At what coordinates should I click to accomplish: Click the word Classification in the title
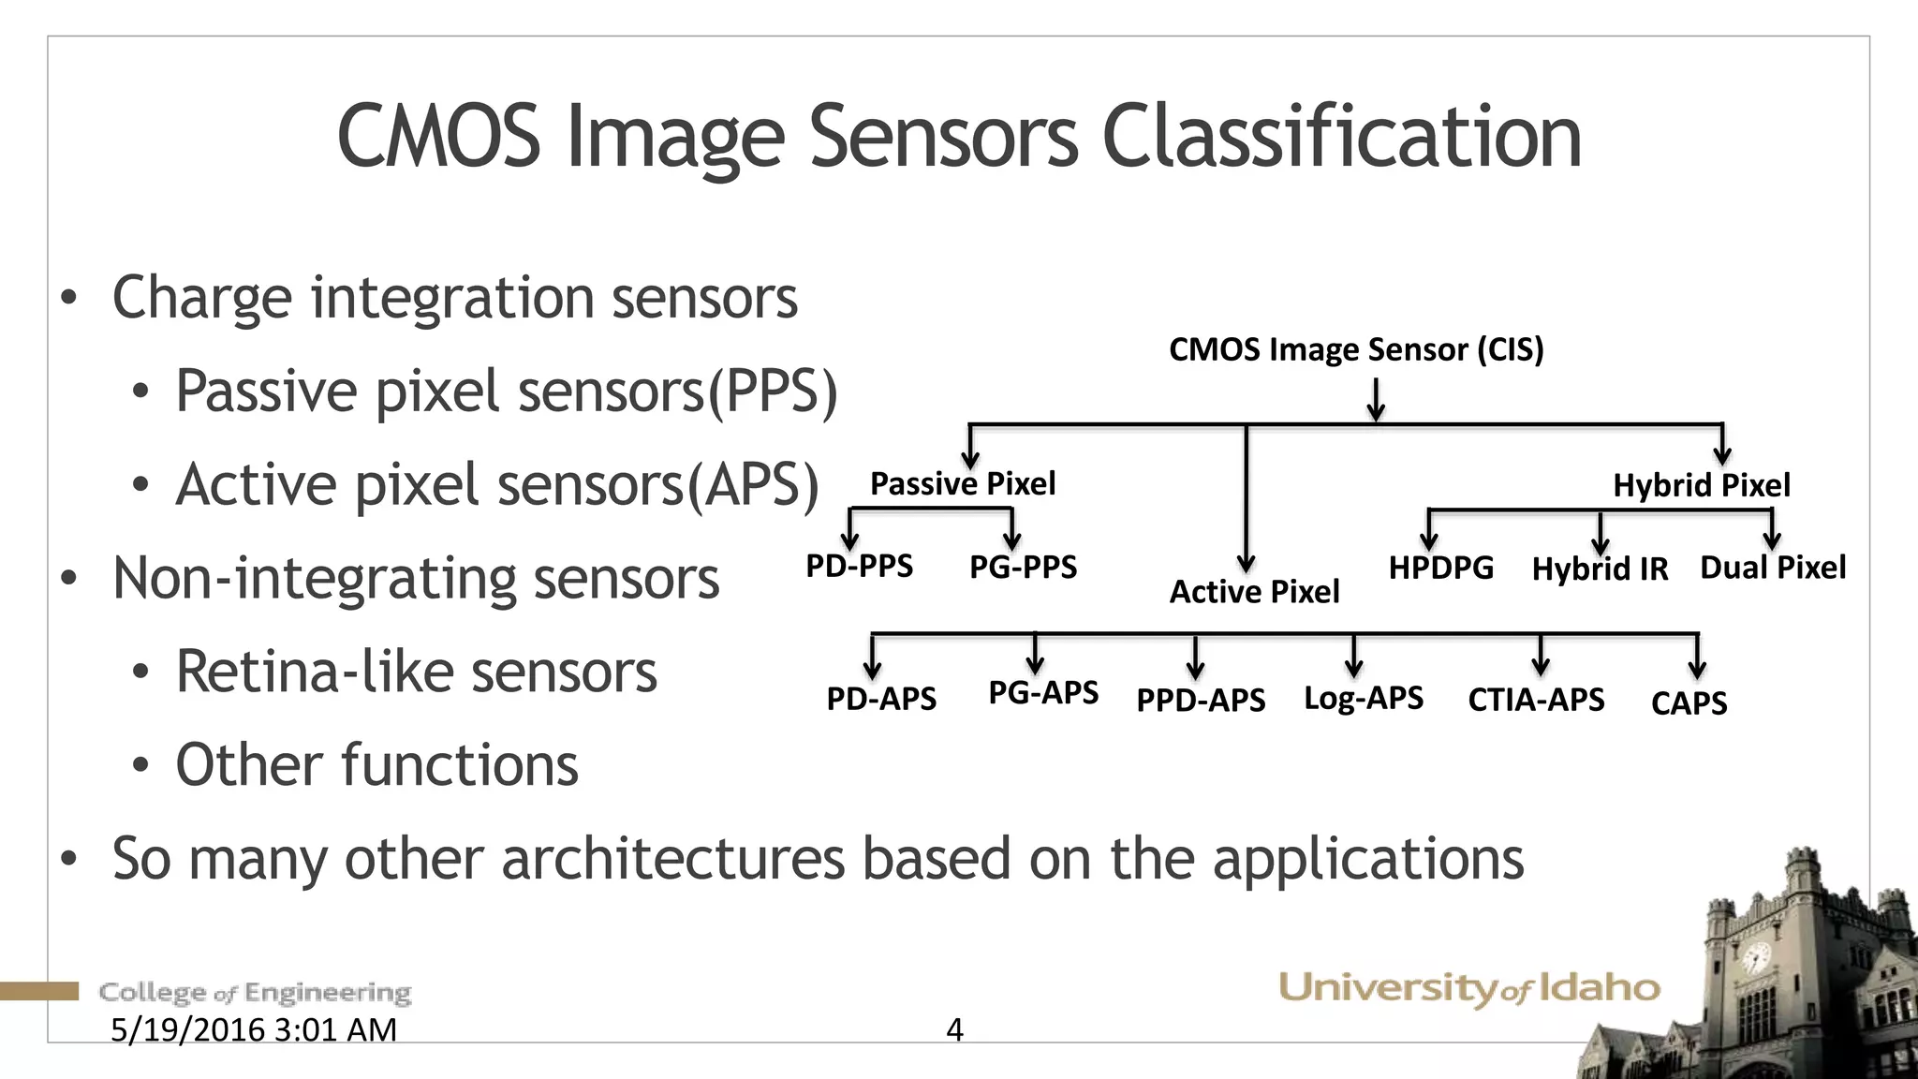[x=1341, y=137]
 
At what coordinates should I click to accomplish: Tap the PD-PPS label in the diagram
[x=859, y=566]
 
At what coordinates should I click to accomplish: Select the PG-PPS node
[x=1023, y=567]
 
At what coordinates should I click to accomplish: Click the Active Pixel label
[x=1254, y=592]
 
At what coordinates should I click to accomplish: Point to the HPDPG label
[x=1440, y=568]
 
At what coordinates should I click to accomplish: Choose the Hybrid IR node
[x=1600, y=569]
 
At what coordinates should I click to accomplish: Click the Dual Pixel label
[x=1773, y=568]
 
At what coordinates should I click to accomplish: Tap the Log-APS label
[x=1363, y=698]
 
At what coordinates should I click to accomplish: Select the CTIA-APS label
[x=1536, y=700]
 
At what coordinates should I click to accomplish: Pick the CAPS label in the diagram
[x=1689, y=703]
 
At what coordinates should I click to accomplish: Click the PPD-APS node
[x=1201, y=701]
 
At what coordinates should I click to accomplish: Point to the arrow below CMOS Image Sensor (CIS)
[x=1376, y=400]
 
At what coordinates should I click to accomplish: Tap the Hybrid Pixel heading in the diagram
[x=1701, y=485]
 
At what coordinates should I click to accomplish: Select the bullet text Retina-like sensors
[x=416, y=672]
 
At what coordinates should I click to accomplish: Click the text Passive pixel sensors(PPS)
[x=506, y=391]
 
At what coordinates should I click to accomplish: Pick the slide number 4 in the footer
[x=954, y=1029]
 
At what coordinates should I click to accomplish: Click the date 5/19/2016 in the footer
[x=188, y=1029]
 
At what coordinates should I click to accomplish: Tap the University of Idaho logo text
[x=1468, y=988]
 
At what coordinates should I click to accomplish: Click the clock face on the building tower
[x=1754, y=958]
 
